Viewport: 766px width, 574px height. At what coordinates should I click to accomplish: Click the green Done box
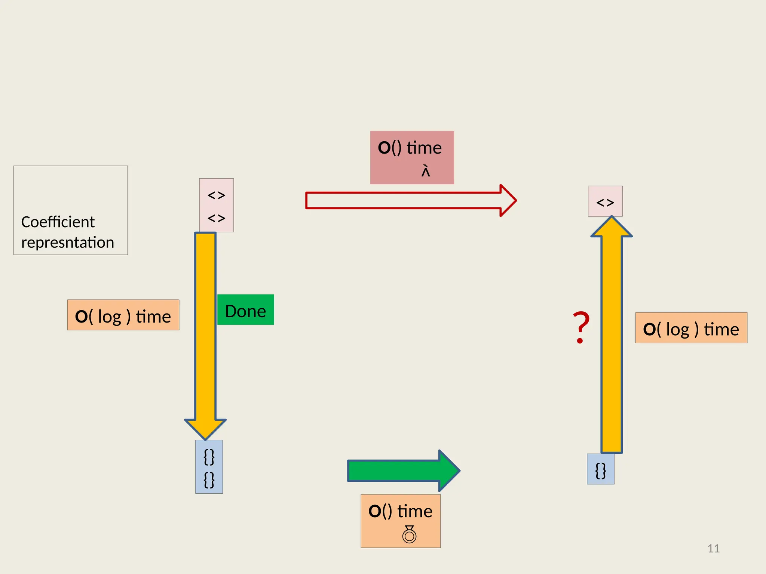pos(245,310)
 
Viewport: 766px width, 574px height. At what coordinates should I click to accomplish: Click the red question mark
pos(581,327)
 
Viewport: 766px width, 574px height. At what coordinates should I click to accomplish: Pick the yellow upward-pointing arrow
pos(612,336)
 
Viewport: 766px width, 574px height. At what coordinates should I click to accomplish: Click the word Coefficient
pos(58,222)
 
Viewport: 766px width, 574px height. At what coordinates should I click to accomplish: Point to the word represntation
pos(68,243)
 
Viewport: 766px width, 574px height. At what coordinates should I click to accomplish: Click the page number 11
pos(713,549)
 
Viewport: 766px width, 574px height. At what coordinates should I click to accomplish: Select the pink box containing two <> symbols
pos(217,205)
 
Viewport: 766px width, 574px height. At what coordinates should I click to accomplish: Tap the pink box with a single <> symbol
pos(605,201)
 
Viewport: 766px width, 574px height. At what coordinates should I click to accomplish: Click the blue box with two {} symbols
pos(209,467)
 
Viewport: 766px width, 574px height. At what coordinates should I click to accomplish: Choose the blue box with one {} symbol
pos(601,469)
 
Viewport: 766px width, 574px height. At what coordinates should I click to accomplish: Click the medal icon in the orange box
pos(409,534)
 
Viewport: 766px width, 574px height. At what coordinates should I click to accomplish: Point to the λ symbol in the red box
pos(426,171)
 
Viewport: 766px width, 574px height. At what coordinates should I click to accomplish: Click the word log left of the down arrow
pos(110,317)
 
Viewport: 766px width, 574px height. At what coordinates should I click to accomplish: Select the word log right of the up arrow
pos(678,330)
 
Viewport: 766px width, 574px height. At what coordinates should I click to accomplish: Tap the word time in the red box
pos(424,148)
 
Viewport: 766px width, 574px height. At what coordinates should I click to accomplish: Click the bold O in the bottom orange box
pos(375,511)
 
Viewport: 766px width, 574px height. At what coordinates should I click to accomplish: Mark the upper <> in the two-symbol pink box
pos(217,195)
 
